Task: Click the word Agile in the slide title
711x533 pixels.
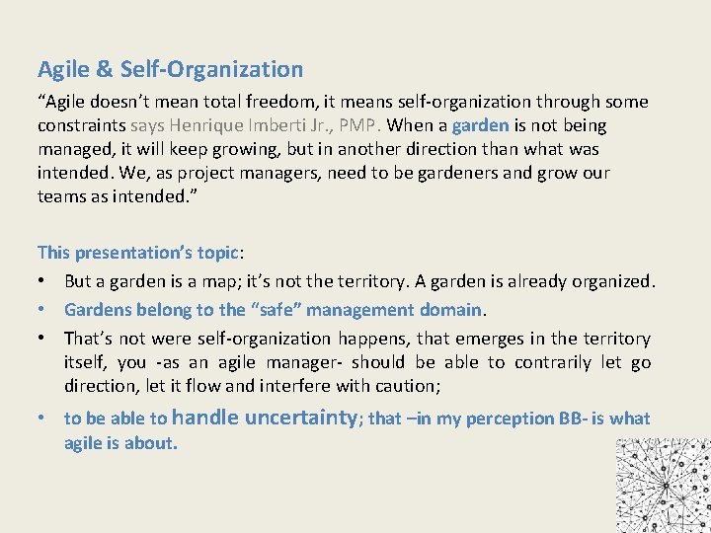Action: point(61,70)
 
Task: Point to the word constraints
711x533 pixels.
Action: point(80,125)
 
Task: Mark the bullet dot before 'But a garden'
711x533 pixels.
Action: point(43,280)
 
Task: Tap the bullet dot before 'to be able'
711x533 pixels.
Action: point(43,418)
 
